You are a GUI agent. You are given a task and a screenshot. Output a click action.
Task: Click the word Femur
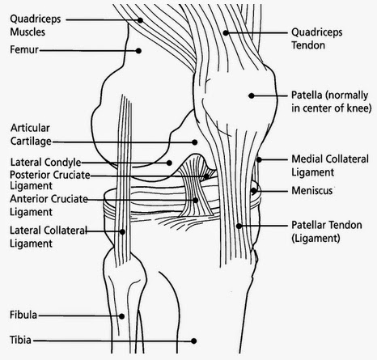[24, 49]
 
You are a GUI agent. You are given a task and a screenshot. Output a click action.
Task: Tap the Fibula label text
[23, 315]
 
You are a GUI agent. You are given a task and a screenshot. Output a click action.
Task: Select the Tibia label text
[20, 340]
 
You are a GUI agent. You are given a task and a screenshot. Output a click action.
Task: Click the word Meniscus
[312, 191]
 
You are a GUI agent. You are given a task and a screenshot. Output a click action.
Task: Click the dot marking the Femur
[138, 51]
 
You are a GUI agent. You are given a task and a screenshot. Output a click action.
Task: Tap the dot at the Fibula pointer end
[121, 316]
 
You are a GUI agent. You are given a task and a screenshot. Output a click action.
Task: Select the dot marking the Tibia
[193, 341]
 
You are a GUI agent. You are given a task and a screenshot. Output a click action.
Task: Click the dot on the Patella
[252, 95]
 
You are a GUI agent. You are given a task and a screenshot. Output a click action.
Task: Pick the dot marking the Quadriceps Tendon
[226, 33]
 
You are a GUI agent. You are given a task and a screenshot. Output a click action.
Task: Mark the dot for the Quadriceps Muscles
[140, 20]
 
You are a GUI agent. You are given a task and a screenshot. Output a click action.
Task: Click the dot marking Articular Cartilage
[194, 142]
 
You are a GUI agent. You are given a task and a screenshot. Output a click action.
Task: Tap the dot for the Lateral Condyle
[169, 163]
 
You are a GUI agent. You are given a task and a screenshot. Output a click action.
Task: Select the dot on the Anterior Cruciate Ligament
[196, 201]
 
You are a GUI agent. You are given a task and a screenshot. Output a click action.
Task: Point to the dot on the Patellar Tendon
[239, 226]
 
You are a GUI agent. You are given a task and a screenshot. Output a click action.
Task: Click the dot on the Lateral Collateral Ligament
[122, 231]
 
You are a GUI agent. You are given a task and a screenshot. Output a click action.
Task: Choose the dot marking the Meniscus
[253, 191]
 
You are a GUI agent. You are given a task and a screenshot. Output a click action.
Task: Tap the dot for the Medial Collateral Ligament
[259, 159]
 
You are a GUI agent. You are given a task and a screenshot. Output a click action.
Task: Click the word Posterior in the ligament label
[28, 175]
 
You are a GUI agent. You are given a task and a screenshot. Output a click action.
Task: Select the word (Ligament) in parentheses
[316, 238]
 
